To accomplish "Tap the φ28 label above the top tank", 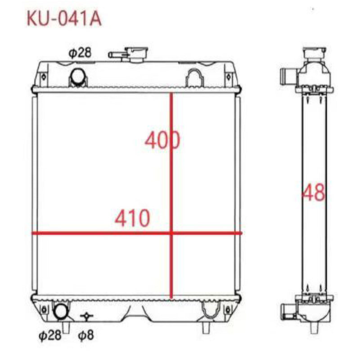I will (x=80, y=53).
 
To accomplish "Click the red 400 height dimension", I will (x=162, y=140).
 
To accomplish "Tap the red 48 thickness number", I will (x=313, y=193).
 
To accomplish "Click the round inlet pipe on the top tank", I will (x=77, y=76).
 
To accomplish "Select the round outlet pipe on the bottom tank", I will (x=60, y=311).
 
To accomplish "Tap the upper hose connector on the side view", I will (x=287, y=74).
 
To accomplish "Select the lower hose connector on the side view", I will (x=287, y=310).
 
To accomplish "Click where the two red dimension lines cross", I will (x=171, y=233).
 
